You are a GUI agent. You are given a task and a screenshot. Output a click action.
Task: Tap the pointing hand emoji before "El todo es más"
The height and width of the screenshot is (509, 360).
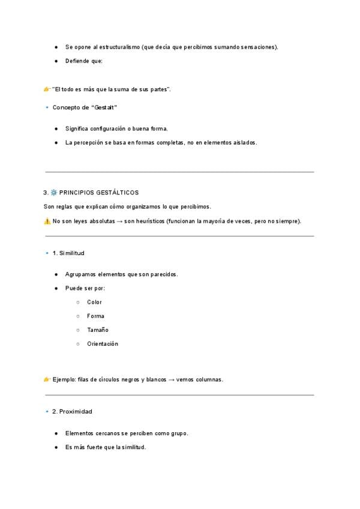tap(47, 89)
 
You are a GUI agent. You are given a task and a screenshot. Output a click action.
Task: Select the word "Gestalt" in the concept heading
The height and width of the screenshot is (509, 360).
tap(104, 107)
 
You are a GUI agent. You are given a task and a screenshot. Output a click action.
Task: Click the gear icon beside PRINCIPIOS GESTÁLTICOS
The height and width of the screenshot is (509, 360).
tap(53, 193)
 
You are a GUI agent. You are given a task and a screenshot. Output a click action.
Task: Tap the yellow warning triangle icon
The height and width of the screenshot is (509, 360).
tap(47, 221)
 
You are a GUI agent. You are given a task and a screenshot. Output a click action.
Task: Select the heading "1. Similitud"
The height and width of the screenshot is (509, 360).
tap(68, 253)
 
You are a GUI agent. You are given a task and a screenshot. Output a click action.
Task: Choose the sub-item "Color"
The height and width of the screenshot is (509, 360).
tap(94, 303)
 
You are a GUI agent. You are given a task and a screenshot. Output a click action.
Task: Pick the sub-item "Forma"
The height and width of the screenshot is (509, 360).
tap(95, 316)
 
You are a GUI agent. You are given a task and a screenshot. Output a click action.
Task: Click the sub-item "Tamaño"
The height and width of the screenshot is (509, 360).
tap(97, 330)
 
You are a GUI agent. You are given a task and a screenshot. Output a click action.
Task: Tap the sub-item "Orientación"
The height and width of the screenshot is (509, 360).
tap(103, 344)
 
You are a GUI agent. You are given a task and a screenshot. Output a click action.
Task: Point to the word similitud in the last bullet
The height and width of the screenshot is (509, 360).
tap(133, 447)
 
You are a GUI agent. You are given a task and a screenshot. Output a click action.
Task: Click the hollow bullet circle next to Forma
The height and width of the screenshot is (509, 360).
tap(78, 316)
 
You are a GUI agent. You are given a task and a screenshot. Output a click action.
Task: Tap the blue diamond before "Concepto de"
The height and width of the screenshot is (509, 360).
tap(47, 107)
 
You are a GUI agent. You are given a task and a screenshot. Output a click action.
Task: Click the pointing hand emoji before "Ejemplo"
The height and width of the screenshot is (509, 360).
tap(47, 379)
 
